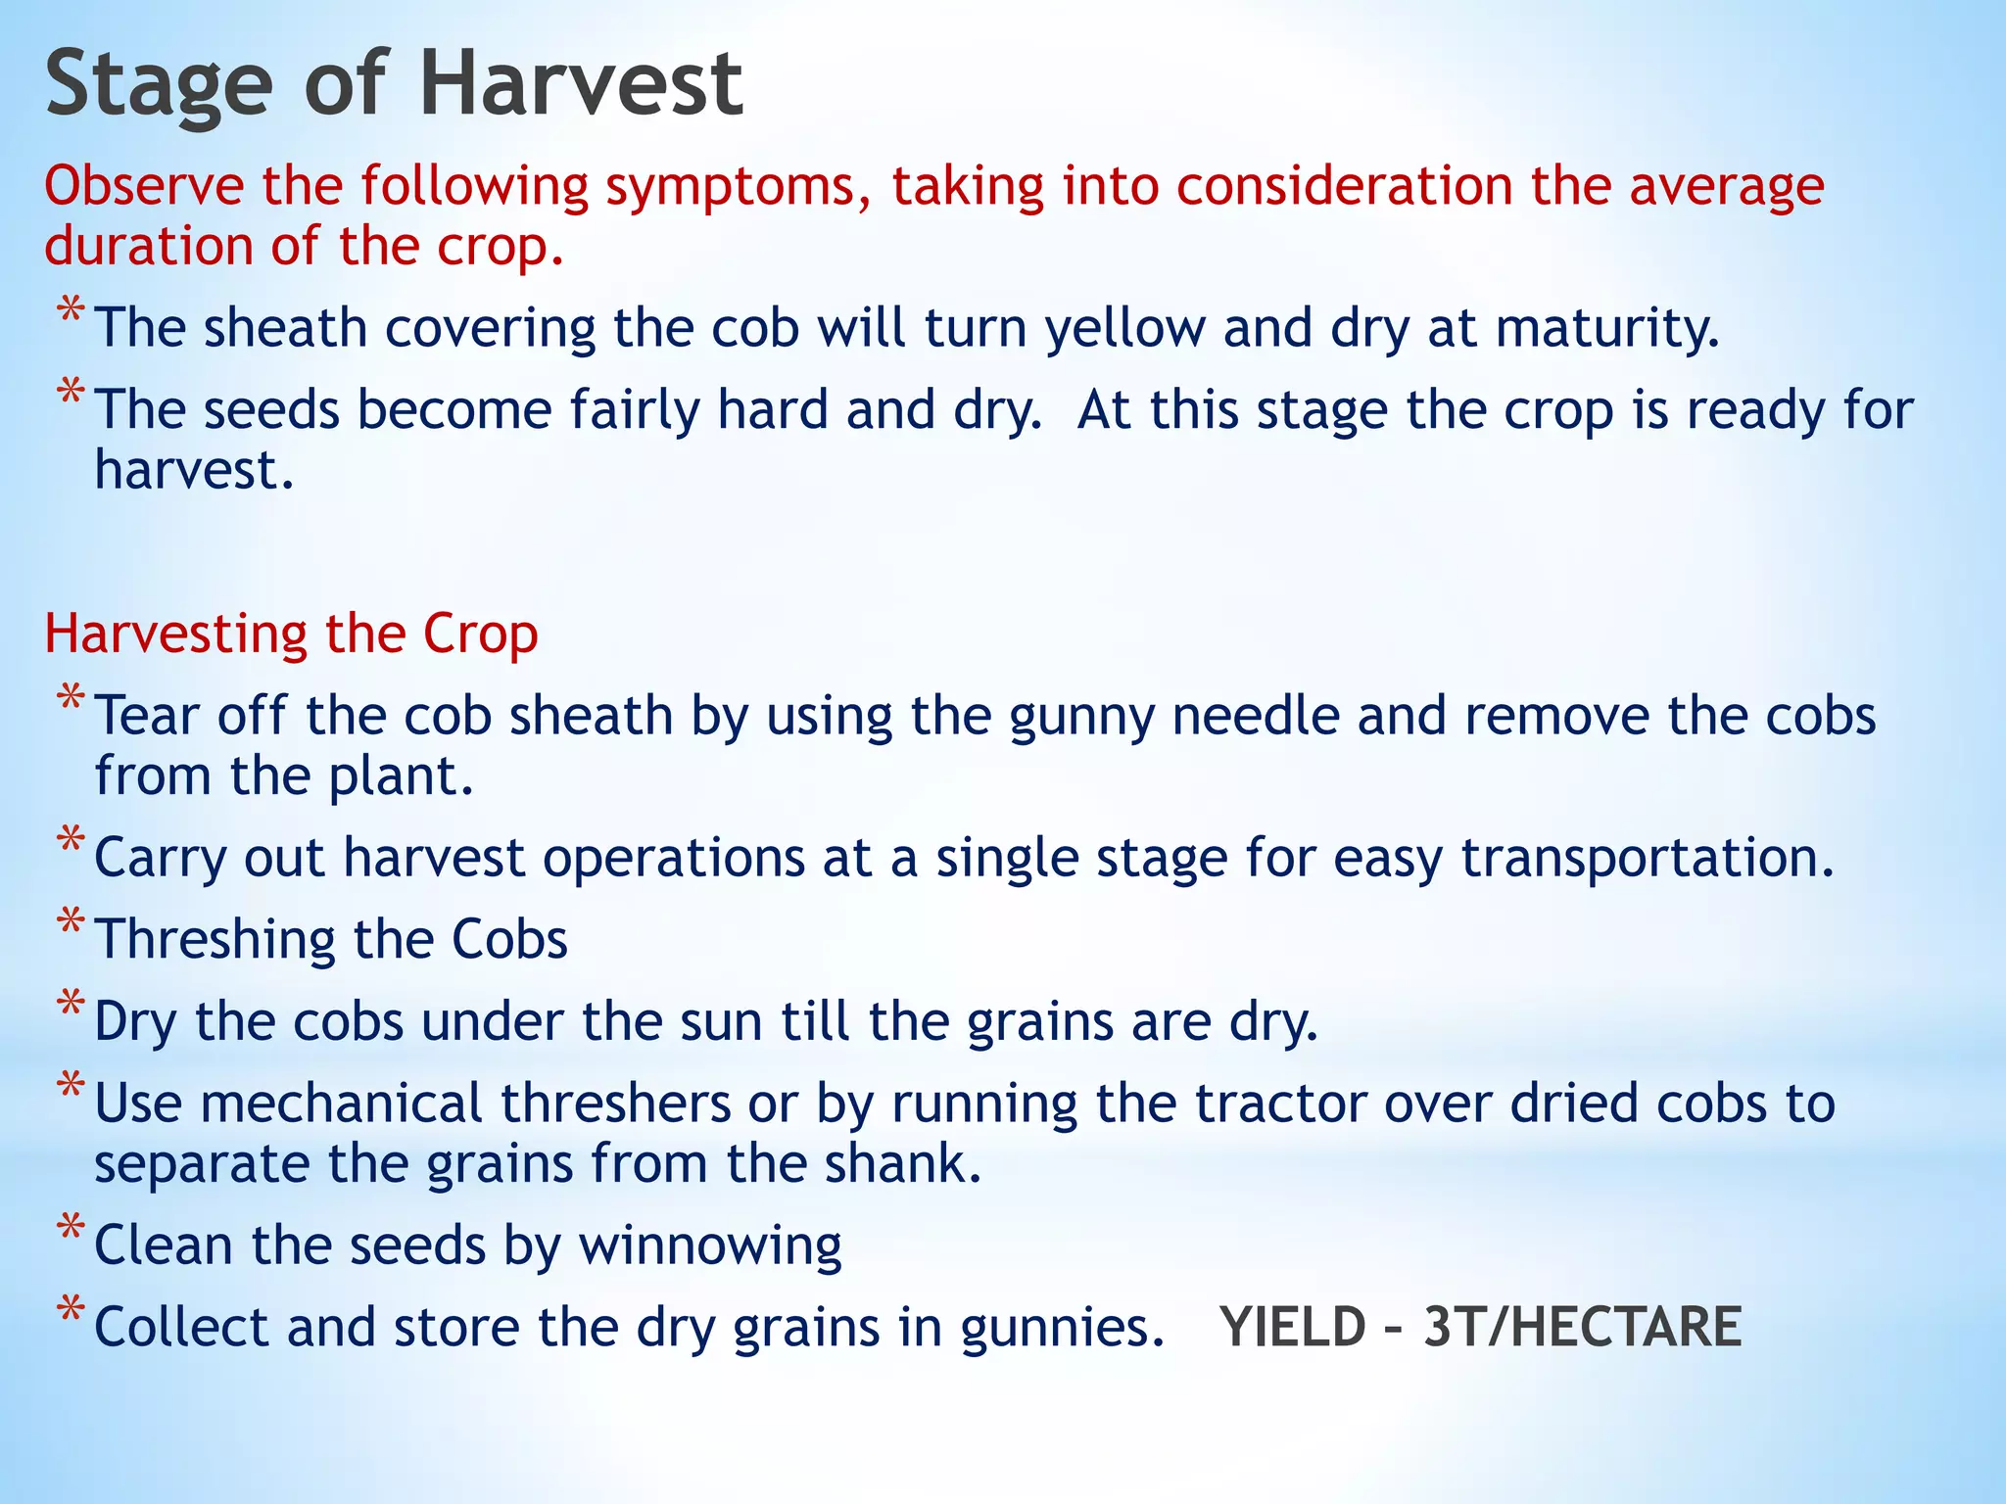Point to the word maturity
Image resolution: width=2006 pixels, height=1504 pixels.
coord(1606,329)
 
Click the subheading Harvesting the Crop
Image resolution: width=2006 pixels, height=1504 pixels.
coord(291,634)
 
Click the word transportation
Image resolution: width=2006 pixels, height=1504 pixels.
coord(1646,859)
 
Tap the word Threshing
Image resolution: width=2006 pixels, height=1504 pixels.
coord(215,940)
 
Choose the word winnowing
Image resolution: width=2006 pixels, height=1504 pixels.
coord(710,1246)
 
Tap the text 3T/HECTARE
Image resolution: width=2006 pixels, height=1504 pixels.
coord(1582,1328)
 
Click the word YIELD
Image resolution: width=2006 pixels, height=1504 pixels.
coord(1292,1328)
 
